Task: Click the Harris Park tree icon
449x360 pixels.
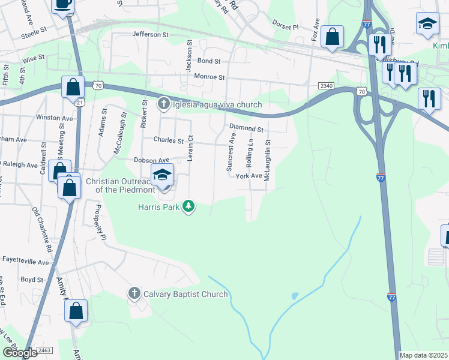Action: pos(190,207)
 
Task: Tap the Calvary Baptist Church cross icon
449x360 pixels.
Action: pos(133,294)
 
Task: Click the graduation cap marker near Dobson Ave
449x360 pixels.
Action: pos(162,175)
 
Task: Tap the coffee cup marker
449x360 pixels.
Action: pos(63,4)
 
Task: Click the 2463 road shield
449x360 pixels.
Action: pos(45,350)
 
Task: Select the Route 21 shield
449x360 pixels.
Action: pos(80,103)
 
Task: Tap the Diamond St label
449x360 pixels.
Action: pos(247,128)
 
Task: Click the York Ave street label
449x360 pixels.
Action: pos(249,176)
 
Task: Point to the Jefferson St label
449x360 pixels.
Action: pos(151,35)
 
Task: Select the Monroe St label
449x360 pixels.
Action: pos(209,77)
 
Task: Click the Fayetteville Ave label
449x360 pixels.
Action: pos(25,262)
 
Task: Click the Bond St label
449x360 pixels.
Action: pos(209,61)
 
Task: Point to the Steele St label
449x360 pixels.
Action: pos(34,29)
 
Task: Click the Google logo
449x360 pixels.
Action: pos(20,353)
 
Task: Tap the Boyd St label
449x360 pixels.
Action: pos(32,280)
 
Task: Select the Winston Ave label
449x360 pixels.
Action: pos(54,118)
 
